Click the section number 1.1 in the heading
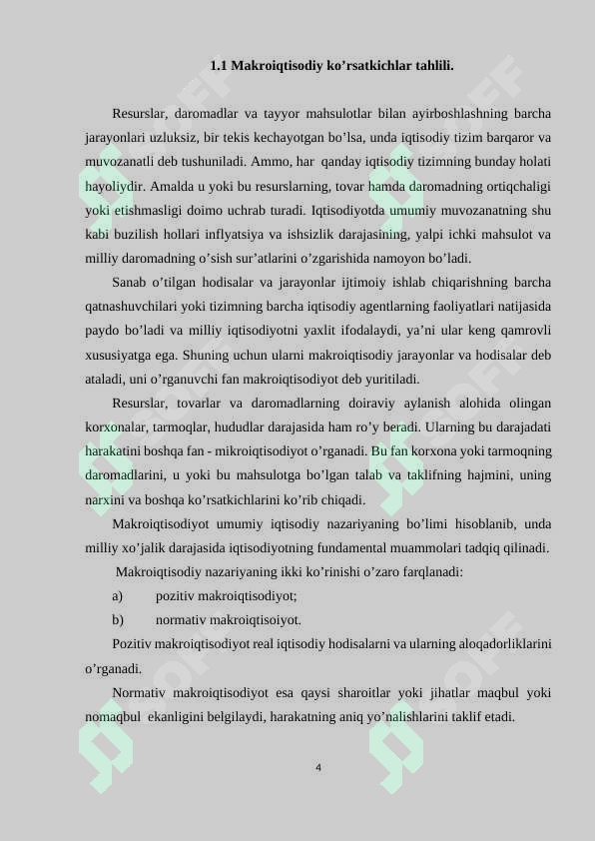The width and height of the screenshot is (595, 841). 218,66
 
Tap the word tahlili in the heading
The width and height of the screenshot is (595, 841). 433,66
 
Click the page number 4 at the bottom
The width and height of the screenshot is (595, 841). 318,768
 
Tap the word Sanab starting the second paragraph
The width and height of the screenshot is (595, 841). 129,283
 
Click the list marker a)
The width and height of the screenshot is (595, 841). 118,596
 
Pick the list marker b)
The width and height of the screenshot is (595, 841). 118,620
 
